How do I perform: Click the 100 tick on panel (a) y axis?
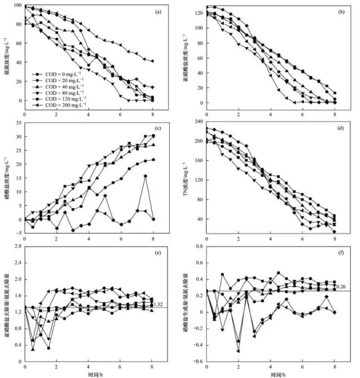click(17, 6)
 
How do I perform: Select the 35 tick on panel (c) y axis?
click(19, 121)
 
